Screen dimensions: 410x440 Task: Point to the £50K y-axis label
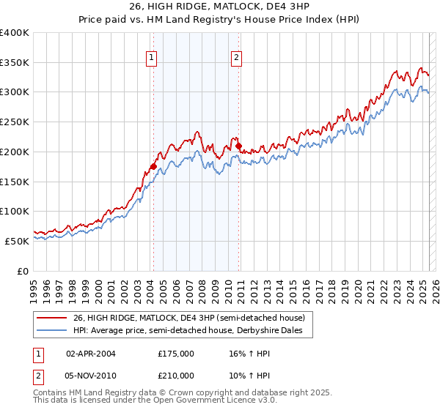click(x=18, y=241)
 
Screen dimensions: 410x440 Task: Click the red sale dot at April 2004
click(x=153, y=167)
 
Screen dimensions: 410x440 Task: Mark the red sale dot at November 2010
click(x=239, y=146)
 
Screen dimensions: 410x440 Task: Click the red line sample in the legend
click(x=52, y=318)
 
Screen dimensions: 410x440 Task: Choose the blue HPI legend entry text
click(x=192, y=331)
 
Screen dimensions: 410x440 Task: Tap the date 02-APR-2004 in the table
click(x=91, y=353)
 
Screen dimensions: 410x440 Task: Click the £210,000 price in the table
click(x=176, y=376)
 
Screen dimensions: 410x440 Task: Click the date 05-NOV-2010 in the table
click(x=91, y=376)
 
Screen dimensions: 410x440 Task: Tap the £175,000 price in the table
click(x=176, y=353)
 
